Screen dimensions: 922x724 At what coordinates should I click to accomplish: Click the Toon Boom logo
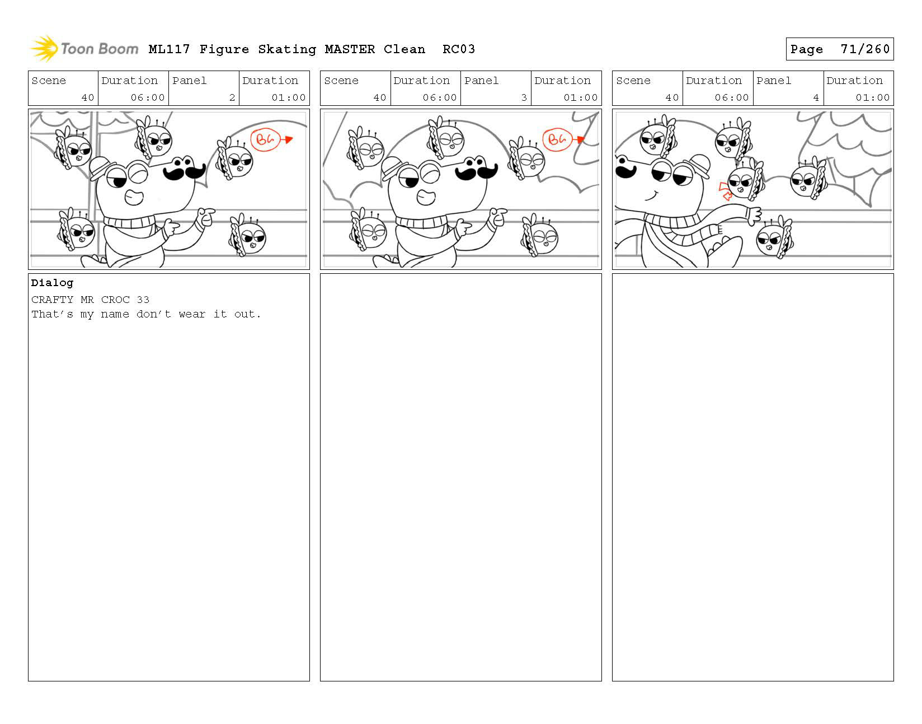(x=84, y=49)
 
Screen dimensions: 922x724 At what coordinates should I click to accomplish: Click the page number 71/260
(x=865, y=49)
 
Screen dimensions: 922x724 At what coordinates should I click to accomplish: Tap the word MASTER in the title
(x=350, y=49)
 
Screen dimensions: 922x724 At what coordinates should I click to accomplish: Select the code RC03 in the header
(x=459, y=49)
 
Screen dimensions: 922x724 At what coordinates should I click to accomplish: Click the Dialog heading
(x=52, y=283)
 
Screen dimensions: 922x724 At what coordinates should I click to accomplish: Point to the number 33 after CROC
(x=143, y=300)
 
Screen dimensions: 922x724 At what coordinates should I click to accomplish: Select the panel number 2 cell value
(x=232, y=97)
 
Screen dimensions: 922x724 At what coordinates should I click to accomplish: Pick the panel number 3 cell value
(x=524, y=97)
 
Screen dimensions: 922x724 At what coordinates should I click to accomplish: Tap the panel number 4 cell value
(x=816, y=97)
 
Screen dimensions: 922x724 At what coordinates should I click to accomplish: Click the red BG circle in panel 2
(x=265, y=139)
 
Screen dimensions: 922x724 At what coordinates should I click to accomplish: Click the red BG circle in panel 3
(x=557, y=139)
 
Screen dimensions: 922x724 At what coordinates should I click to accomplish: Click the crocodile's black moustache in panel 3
(x=477, y=171)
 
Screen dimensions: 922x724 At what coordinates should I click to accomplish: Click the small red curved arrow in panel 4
(x=725, y=191)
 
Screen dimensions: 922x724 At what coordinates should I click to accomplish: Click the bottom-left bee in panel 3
(x=368, y=230)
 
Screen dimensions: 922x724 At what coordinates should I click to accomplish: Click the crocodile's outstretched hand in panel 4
(x=754, y=215)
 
